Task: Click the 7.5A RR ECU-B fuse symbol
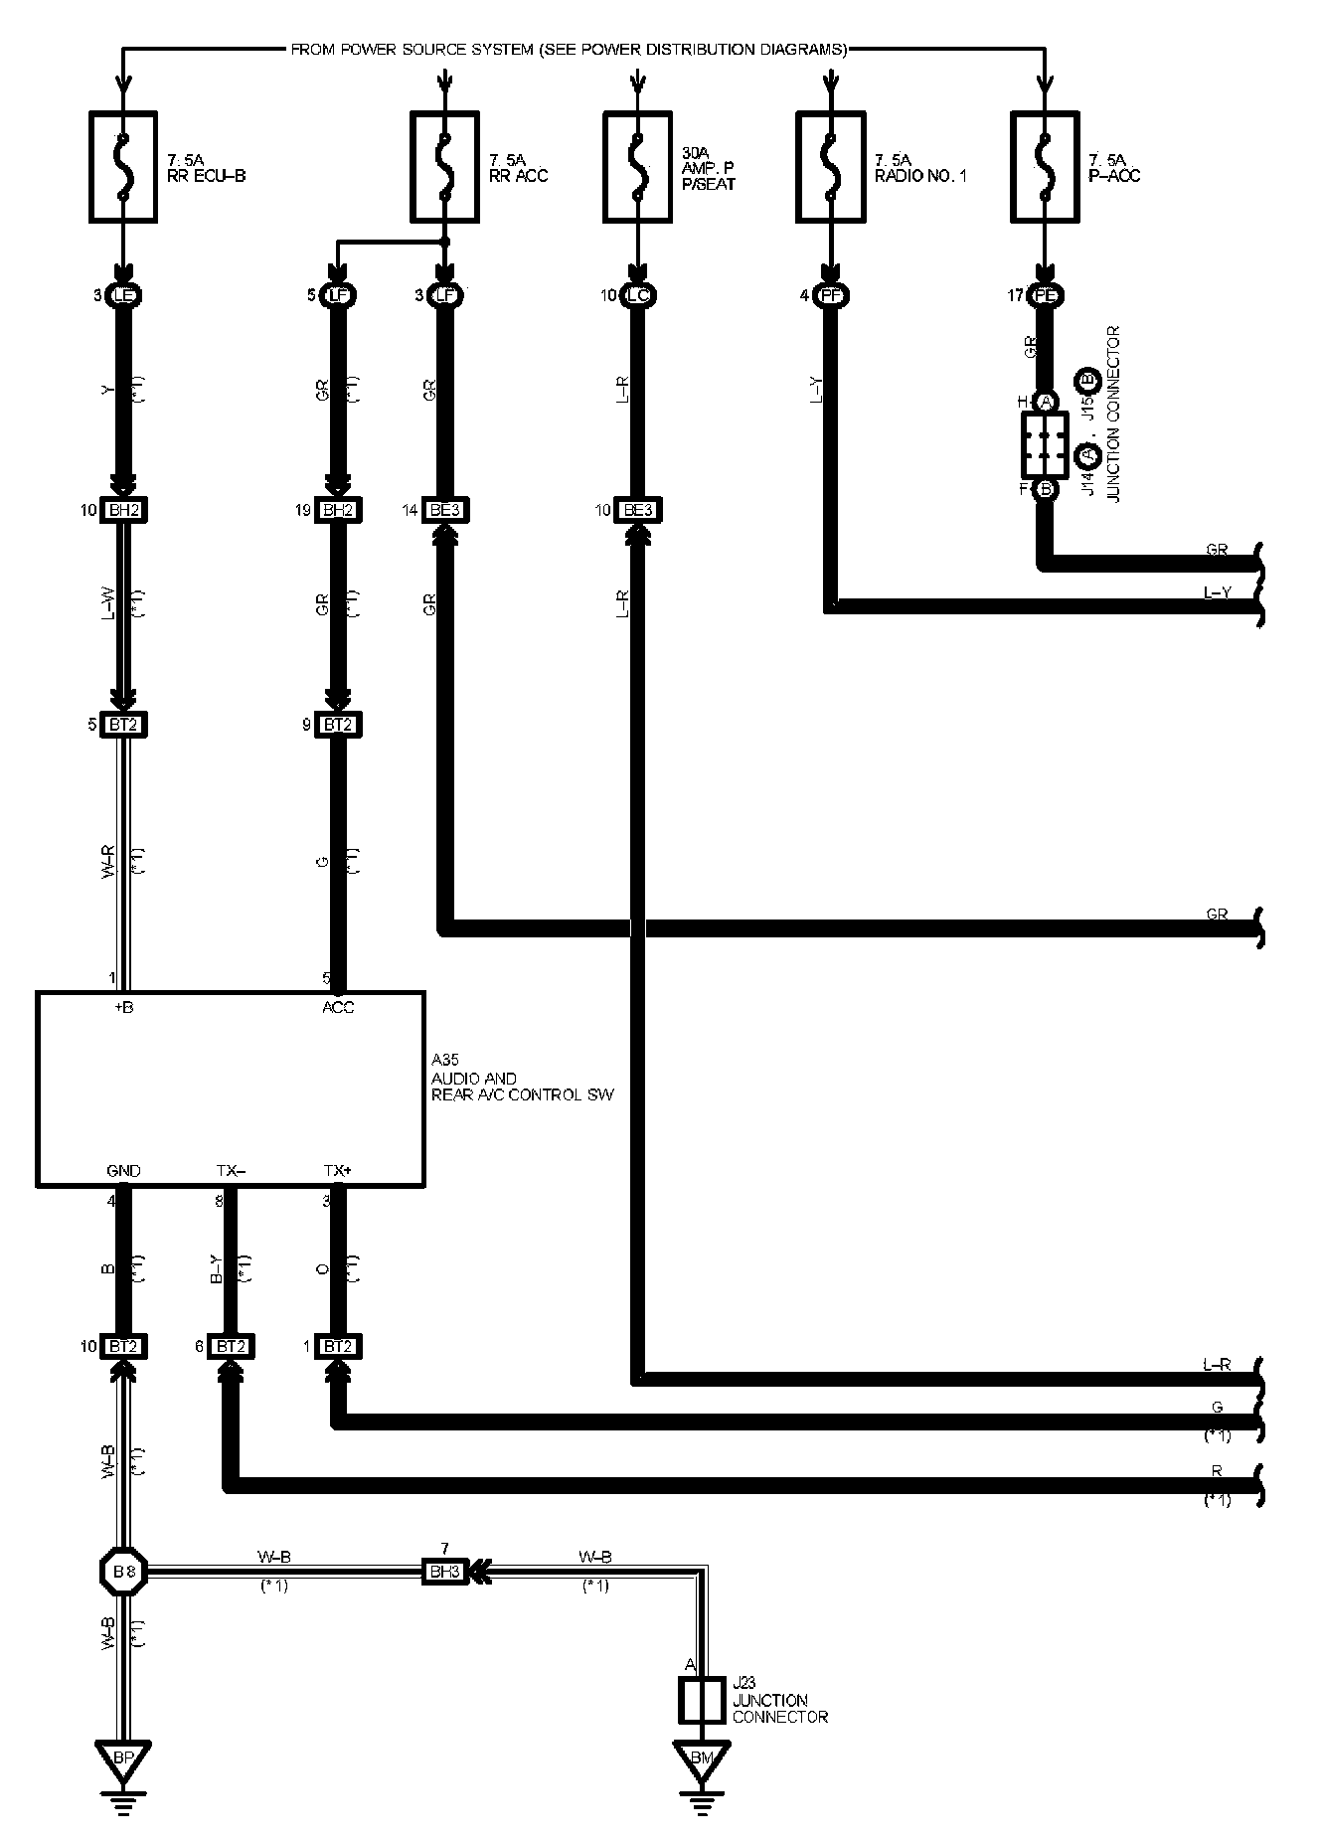(123, 166)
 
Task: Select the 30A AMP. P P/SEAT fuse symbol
(637, 166)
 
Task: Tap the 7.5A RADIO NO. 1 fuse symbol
(830, 166)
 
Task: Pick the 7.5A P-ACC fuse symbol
(1045, 166)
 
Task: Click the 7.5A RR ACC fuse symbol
(444, 166)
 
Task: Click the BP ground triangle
(123, 1757)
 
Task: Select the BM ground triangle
(702, 1757)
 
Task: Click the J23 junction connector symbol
(702, 1700)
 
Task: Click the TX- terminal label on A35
(231, 1170)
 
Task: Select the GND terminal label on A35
(123, 1170)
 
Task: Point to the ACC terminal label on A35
(338, 1007)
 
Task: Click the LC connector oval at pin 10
(637, 295)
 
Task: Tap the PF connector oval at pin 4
(830, 295)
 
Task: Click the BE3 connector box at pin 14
(444, 510)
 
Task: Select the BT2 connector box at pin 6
(231, 1347)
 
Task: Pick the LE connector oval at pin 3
(123, 295)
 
